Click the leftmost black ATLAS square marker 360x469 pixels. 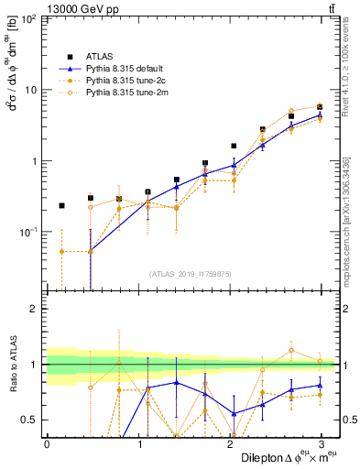click(x=61, y=206)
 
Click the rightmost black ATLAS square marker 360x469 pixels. click(x=320, y=107)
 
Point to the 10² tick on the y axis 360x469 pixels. click(x=31, y=18)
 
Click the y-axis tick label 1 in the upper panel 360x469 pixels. click(x=38, y=161)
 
